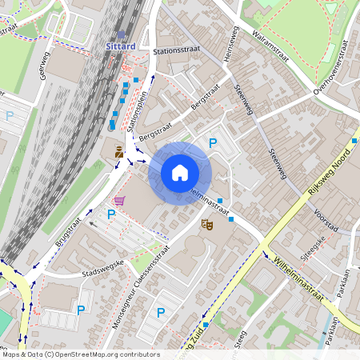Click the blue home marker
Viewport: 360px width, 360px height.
coord(180,172)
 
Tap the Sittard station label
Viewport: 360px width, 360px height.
coord(120,46)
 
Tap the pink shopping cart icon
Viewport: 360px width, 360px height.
coord(119,200)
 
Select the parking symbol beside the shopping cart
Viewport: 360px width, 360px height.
coord(111,214)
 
